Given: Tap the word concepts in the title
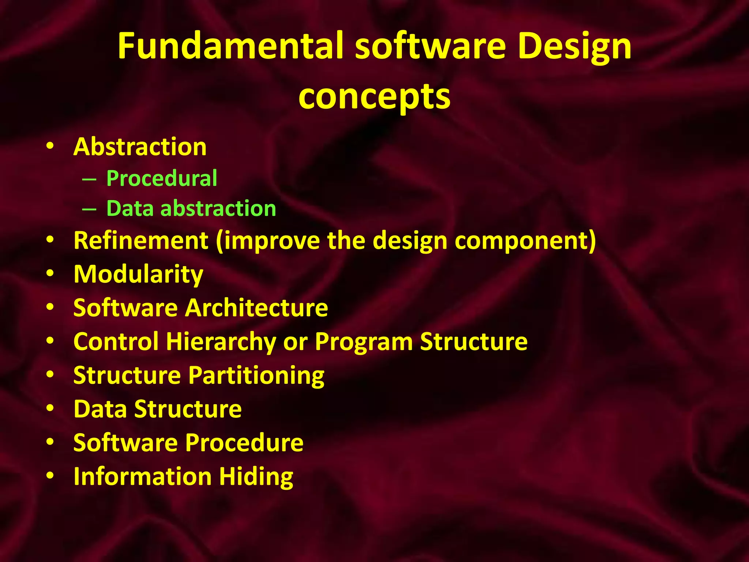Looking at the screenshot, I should (374, 97).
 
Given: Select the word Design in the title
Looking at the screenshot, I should (574, 47).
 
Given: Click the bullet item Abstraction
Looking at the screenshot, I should (140, 147).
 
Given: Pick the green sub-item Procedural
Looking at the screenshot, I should (162, 179).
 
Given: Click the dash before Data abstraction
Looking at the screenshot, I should (89, 209).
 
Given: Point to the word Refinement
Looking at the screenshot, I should (141, 240).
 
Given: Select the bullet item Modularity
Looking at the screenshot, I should (138, 274).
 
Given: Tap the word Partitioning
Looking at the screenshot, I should (256, 376).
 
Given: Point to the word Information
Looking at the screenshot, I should (143, 476).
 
